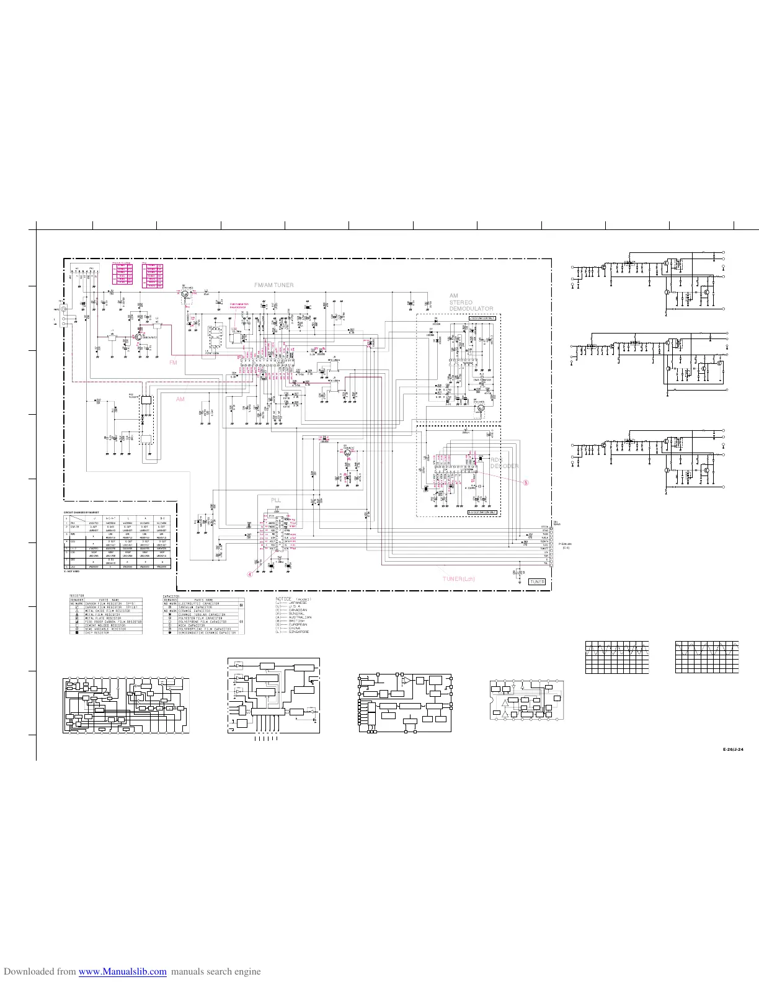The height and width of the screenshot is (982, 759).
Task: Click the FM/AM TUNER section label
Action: [x=273, y=285]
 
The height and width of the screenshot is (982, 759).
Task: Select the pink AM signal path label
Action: [x=180, y=399]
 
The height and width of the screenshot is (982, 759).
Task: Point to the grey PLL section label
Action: [x=276, y=500]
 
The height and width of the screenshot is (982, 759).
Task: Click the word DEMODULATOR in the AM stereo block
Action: [x=471, y=309]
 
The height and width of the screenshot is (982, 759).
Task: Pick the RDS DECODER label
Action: [x=504, y=463]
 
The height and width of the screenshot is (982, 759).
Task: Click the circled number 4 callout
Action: [x=250, y=574]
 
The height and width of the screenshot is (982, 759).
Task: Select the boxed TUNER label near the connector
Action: [x=537, y=582]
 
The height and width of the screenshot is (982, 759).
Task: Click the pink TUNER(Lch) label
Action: [x=459, y=579]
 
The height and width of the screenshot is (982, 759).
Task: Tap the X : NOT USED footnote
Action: [x=72, y=572]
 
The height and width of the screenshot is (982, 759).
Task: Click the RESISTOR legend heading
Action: [x=78, y=595]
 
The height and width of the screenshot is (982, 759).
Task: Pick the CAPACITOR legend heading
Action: [x=174, y=595]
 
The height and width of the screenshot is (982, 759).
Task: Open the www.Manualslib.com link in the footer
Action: [x=123, y=971]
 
